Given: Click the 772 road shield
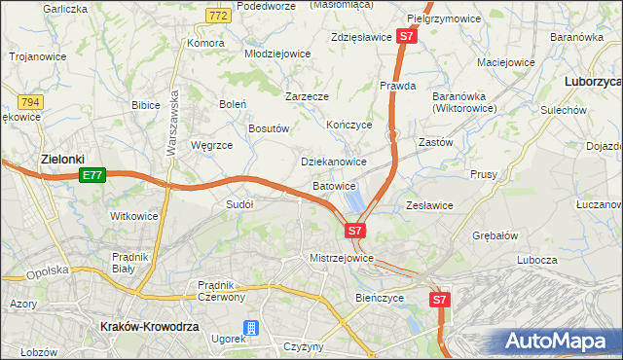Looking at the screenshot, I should (218, 17).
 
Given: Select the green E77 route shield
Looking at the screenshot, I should (92, 175).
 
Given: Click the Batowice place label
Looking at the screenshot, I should (335, 185).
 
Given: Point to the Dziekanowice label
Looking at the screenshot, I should (334, 162).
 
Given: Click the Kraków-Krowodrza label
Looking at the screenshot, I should (149, 328).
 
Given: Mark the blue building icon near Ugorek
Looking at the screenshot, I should (252, 329).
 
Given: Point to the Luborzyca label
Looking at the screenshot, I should (593, 84).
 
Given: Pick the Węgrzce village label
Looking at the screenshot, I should (211, 145).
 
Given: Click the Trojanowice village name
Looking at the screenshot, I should (38, 56).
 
